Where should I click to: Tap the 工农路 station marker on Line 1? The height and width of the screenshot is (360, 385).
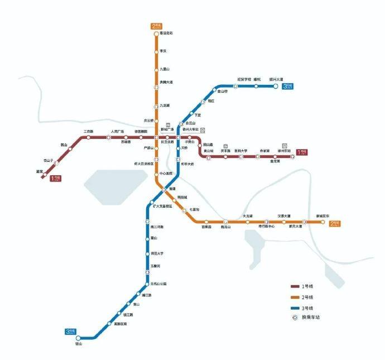tap(88, 137)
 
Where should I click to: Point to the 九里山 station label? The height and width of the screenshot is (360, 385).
tap(165, 70)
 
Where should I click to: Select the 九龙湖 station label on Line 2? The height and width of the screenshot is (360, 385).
tap(165, 105)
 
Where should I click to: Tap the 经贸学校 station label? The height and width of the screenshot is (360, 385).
tap(244, 79)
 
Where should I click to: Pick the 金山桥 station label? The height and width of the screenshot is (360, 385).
tap(223, 91)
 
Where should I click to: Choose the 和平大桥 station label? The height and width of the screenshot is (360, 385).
tap(187, 164)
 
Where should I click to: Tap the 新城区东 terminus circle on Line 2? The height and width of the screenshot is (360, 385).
tap(323, 222)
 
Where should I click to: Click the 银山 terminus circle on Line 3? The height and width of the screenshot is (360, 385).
tap(78, 338)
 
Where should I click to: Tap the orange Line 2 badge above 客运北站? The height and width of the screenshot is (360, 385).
tap(156, 26)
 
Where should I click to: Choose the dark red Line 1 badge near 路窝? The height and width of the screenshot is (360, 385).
tap(56, 179)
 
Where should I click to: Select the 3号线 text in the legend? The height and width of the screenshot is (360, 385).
tap(307, 307)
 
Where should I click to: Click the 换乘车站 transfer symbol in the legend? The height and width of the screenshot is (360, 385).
tap(293, 318)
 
